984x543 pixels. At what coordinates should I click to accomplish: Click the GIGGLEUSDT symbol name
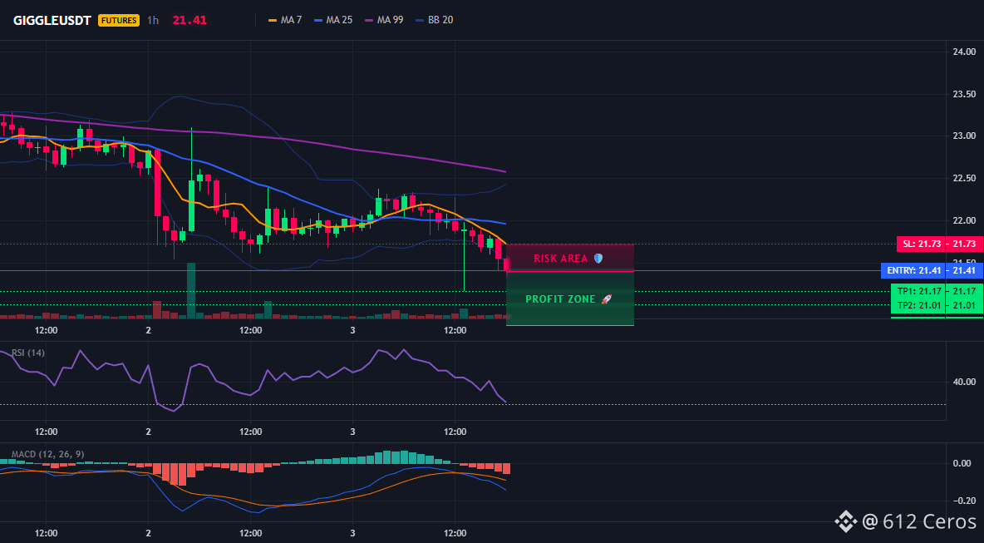53,20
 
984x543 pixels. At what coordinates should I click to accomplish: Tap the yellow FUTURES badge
119,20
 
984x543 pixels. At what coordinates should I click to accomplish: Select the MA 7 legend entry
285,20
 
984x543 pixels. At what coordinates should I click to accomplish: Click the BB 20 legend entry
435,20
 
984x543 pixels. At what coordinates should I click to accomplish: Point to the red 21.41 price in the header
189,20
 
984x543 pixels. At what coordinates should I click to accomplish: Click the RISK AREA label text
560,259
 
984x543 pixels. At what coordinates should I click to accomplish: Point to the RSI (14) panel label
28,353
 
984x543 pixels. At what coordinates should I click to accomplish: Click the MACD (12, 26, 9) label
47,454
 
